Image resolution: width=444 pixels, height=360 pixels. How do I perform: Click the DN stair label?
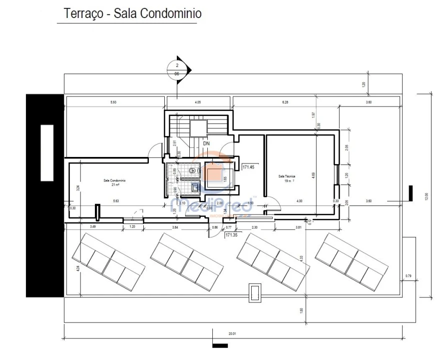pyautogui.click(x=206, y=143)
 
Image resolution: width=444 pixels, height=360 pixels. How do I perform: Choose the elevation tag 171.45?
pyautogui.click(x=249, y=167)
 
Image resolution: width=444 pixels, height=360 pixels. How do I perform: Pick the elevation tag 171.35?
pyautogui.click(x=231, y=234)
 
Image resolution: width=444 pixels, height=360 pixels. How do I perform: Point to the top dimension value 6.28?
pyautogui.click(x=285, y=102)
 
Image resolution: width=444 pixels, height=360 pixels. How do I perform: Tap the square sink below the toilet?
pyautogui.click(x=194, y=188)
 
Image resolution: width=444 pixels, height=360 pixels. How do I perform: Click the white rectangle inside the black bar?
pyautogui.click(x=46, y=152)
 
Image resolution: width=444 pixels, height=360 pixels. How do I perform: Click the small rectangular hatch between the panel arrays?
pyautogui.click(x=255, y=292)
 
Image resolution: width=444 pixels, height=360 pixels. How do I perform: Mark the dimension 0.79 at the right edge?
pyautogui.click(x=408, y=276)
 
